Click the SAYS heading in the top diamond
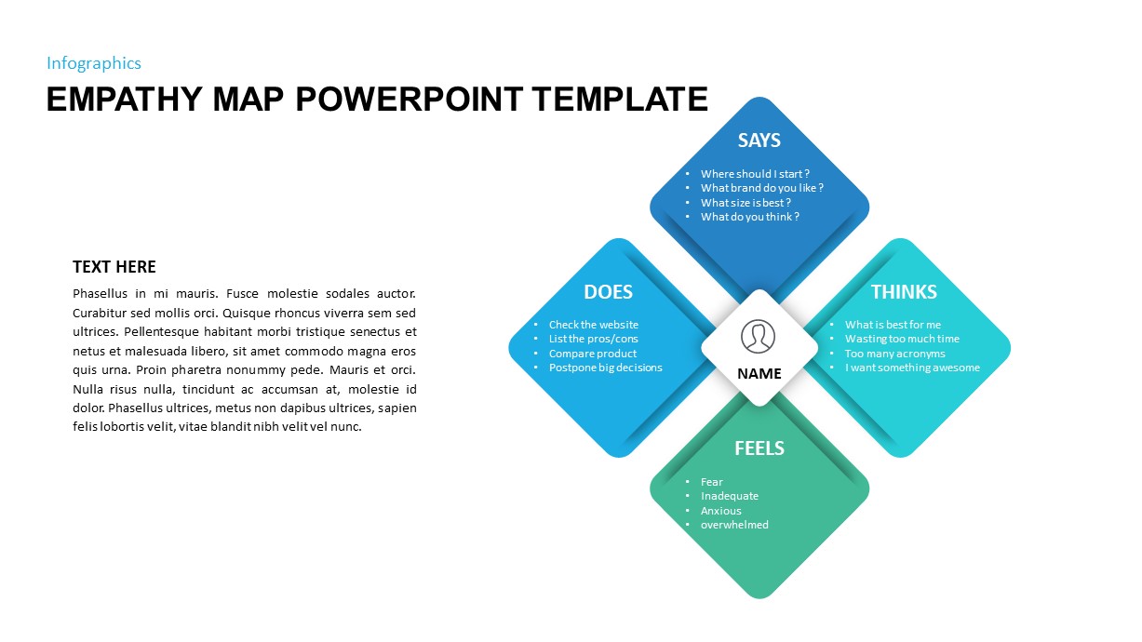click(x=759, y=140)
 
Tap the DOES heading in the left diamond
click(x=608, y=292)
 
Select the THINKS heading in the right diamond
click(x=903, y=292)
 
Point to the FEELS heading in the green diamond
click(x=759, y=448)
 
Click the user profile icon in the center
click(x=759, y=336)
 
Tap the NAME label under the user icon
click(x=759, y=374)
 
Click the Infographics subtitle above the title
click(x=94, y=63)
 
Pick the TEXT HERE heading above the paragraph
click(x=114, y=267)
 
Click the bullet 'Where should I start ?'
click(x=755, y=174)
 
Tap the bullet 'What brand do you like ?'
click(x=761, y=188)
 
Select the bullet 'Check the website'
click(x=593, y=325)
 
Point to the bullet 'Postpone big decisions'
click(x=605, y=368)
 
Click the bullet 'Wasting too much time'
click(x=901, y=339)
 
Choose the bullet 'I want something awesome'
click(x=912, y=368)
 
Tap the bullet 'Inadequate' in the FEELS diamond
click(x=729, y=496)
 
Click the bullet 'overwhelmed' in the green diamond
click(x=734, y=525)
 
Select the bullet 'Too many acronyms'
click(x=894, y=354)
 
